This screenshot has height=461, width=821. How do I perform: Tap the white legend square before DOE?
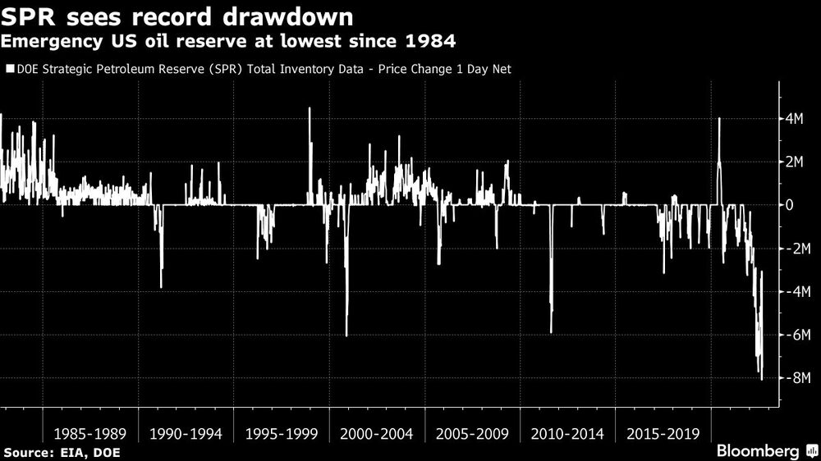pyautogui.click(x=10, y=70)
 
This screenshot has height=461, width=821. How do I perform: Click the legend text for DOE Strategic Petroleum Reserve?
pyautogui.click(x=264, y=70)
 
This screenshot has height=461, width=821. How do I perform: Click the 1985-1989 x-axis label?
pyautogui.click(x=89, y=432)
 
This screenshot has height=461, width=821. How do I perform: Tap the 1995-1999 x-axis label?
pyautogui.click(x=281, y=432)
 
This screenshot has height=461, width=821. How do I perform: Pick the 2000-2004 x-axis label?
pyautogui.click(x=376, y=432)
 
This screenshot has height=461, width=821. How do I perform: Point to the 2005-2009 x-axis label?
pyautogui.click(x=472, y=432)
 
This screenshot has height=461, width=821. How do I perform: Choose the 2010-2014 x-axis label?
pyautogui.click(x=567, y=432)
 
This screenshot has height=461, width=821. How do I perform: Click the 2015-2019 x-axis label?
pyautogui.click(x=663, y=432)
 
